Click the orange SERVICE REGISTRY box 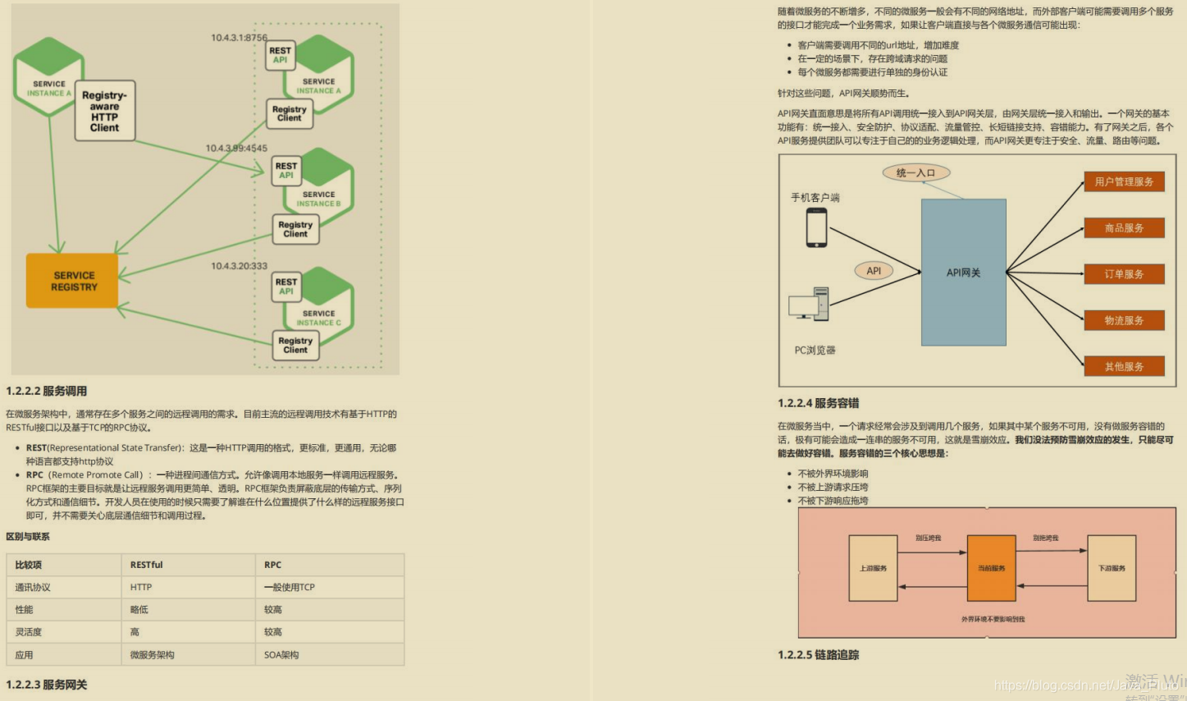pyautogui.click(x=73, y=281)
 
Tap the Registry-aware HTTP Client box pyautogui.click(x=104, y=111)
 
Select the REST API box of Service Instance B pyautogui.click(x=285, y=170)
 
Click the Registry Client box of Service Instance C pyautogui.click(x=295, y=345)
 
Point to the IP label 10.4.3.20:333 pyautogui.click(x=239, y=266)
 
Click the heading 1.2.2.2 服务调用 pyautogui.click(x=47, y=392)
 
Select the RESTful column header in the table pyautogui.click(x=147, y=565)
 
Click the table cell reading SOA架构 pyautogui.click(x=281, y=655)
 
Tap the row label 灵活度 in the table pyautogui.click(x=29, y=632)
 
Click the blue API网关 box pyautogui.click(x=963, y=273)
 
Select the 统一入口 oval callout pyautogui.click(x=915, y=172)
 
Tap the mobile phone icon pyautogui.click(x=816, y=227)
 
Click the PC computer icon pyautogui.click(x=809, y=304)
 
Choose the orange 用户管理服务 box pyautogui.click(x=1124, y=181)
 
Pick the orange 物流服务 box pyautogui.click(x=1124, y=320)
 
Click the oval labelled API pyautogui.click(x=874, y=271)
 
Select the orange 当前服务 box pyautogui.click(x=991, y=568)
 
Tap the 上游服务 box pyautogui.click(x=873, y=568)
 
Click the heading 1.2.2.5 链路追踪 pyautogui.click(x=818, y=655)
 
